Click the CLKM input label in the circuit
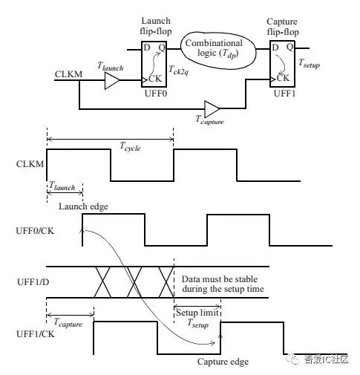click(x=68, y=75)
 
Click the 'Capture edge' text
click(x=223, y=362)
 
